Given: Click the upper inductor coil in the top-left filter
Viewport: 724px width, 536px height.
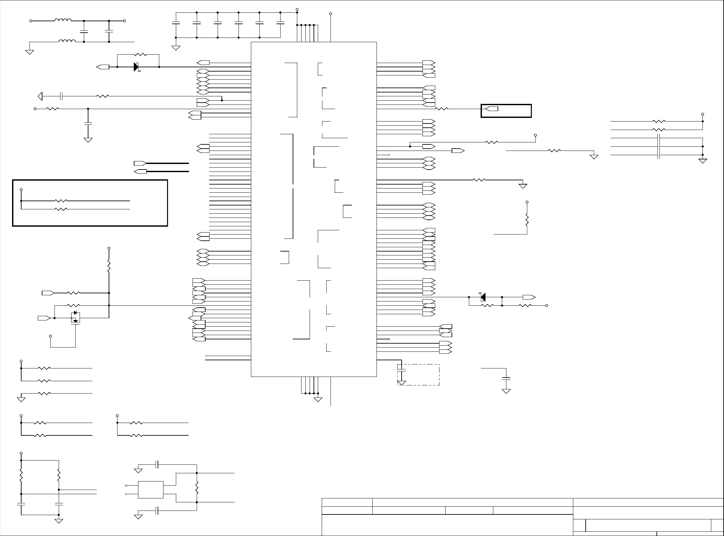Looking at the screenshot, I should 63,20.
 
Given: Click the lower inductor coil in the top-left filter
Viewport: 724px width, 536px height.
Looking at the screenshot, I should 67,41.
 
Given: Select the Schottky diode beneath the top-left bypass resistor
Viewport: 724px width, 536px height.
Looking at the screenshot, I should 137,67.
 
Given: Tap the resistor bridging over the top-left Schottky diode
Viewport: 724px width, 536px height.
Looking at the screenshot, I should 141,55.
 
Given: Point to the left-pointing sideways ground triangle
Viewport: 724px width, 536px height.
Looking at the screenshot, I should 40,96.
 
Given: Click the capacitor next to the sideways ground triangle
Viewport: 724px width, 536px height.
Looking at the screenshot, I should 61,96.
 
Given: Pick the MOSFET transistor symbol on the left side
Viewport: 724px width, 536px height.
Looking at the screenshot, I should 75,317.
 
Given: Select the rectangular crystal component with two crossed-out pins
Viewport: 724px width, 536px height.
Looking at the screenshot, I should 150,490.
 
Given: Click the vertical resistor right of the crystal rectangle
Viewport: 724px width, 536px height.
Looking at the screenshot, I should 197,487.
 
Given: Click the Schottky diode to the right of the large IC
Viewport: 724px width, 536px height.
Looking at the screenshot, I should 483,297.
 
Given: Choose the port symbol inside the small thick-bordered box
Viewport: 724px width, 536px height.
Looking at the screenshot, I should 492,109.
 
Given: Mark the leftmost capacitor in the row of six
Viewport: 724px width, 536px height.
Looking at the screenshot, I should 176,23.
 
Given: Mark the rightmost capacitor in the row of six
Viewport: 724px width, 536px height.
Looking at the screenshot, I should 280,23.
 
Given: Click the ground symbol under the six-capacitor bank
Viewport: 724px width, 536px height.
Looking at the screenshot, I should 176,48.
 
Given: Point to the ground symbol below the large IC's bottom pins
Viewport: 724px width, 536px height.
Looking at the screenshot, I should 318,399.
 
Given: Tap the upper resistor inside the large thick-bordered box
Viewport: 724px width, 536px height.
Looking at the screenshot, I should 61,201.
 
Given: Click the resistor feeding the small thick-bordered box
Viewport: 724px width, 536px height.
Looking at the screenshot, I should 442,109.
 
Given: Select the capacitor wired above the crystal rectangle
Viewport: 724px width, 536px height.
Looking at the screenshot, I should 157,464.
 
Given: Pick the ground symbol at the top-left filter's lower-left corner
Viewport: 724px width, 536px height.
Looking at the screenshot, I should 30,52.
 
